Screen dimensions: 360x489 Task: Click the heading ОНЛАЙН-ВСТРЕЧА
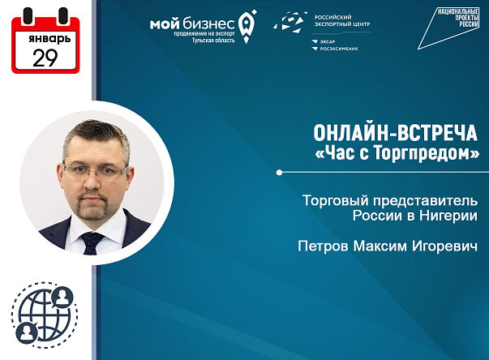396,133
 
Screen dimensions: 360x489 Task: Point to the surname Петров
322,244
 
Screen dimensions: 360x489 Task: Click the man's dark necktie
92,241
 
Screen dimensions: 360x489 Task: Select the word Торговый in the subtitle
332,199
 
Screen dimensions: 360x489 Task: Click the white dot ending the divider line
281,172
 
